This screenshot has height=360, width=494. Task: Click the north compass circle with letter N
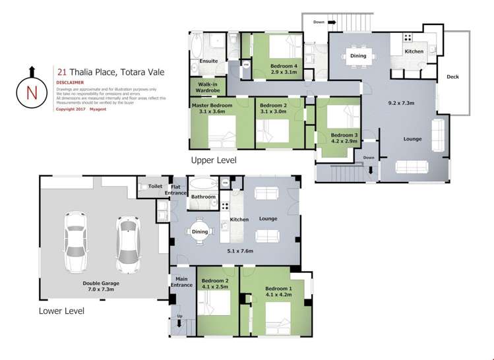coord(31,92)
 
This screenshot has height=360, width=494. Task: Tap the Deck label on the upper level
coord(452,77)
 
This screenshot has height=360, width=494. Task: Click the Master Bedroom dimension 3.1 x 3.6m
coord(212,112)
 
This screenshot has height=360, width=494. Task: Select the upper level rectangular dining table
coord(358,56)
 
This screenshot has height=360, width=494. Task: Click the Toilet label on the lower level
coord(155,187)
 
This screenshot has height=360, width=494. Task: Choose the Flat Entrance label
coord(179,190)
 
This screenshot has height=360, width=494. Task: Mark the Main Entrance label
coord(182,282)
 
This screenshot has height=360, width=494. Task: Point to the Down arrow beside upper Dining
coord(325,22)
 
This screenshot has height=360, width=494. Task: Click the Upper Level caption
coord(213,160)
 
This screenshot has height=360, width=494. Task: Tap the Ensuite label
coord(208,62)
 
